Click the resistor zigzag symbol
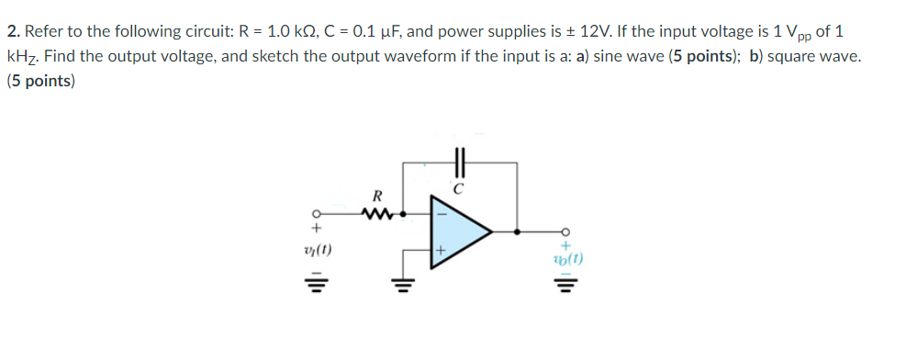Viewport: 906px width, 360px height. [x=376, y=216]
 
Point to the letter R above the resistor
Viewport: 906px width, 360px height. [x=376, y=196]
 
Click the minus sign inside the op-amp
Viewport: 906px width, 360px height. [x=442, y=214]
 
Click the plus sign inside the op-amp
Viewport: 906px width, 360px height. [x=441, y=249]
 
